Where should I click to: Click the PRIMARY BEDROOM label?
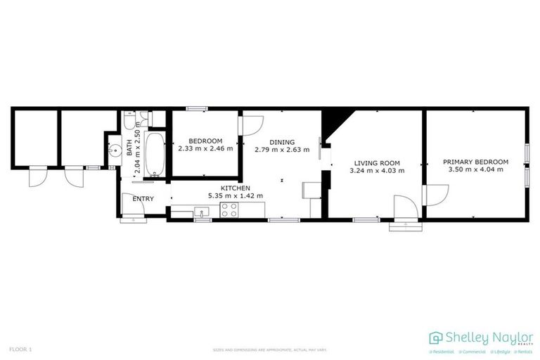475,162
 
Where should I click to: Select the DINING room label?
281,142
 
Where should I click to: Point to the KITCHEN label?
234,188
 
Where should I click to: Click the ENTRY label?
143,199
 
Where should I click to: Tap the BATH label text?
129,148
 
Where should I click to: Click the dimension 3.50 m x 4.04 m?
475,169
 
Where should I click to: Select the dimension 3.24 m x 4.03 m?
377,169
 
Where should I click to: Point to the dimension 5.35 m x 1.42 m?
234,195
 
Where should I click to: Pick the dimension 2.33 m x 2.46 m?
205,148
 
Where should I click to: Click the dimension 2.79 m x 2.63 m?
281,150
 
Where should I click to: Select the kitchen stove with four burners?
229,209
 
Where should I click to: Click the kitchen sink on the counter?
202,211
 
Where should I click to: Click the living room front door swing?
405,208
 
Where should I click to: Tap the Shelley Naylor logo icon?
436,338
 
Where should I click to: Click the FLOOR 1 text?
20,349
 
